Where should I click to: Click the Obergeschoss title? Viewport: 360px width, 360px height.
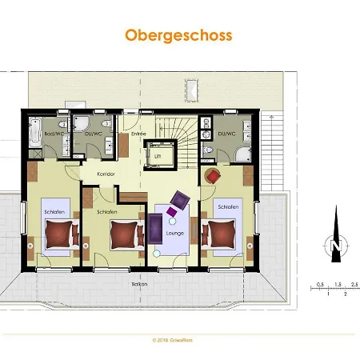click(178, 36)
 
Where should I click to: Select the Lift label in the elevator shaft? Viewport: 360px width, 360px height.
click(158, 156)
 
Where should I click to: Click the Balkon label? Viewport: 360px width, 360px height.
click(141, 284)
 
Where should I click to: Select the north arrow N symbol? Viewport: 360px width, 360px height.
click(336, 244)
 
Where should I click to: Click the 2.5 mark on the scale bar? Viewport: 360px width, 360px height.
click(354, 284)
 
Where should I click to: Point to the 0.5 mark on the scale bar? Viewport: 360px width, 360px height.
click(319, 284)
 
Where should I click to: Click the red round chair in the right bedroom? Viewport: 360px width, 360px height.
click(214, 176)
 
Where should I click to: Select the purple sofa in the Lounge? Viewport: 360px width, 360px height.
click(153, 230)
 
